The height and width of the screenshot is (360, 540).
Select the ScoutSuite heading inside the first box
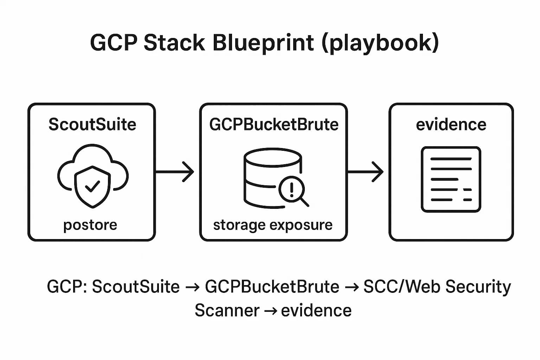coord(92,124)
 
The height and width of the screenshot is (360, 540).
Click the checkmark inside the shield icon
coord(92,186)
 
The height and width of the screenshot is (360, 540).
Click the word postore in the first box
coord(90,225)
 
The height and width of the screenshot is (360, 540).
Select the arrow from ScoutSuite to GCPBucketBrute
coord(174,172)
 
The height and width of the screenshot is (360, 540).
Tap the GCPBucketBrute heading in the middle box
coord(274,124)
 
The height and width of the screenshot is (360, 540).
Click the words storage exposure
coord(273,225)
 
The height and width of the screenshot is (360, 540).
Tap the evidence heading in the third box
coord(451,124)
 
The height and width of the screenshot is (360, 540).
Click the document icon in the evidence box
coord(451,179)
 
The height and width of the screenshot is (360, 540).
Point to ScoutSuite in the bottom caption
coord(136,287)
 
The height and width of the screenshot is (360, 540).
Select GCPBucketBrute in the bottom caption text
coord(272,287)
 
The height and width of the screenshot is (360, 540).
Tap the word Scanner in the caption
coord(227,310)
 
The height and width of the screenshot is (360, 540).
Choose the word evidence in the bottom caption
coord(316,310)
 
